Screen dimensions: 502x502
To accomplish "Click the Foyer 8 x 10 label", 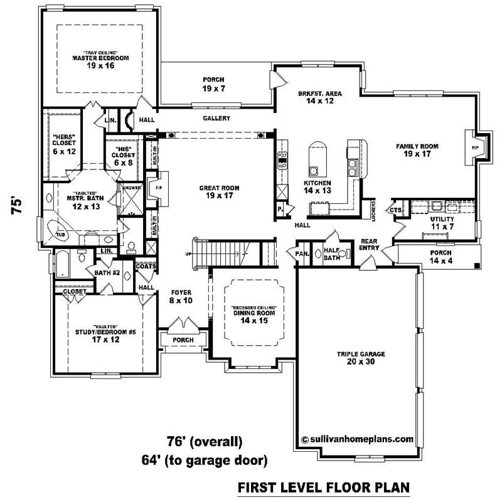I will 181,297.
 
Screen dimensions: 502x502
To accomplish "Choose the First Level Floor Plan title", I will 323,487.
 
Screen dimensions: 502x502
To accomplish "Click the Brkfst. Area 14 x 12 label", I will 319,97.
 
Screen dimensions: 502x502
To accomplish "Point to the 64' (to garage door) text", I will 205,461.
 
